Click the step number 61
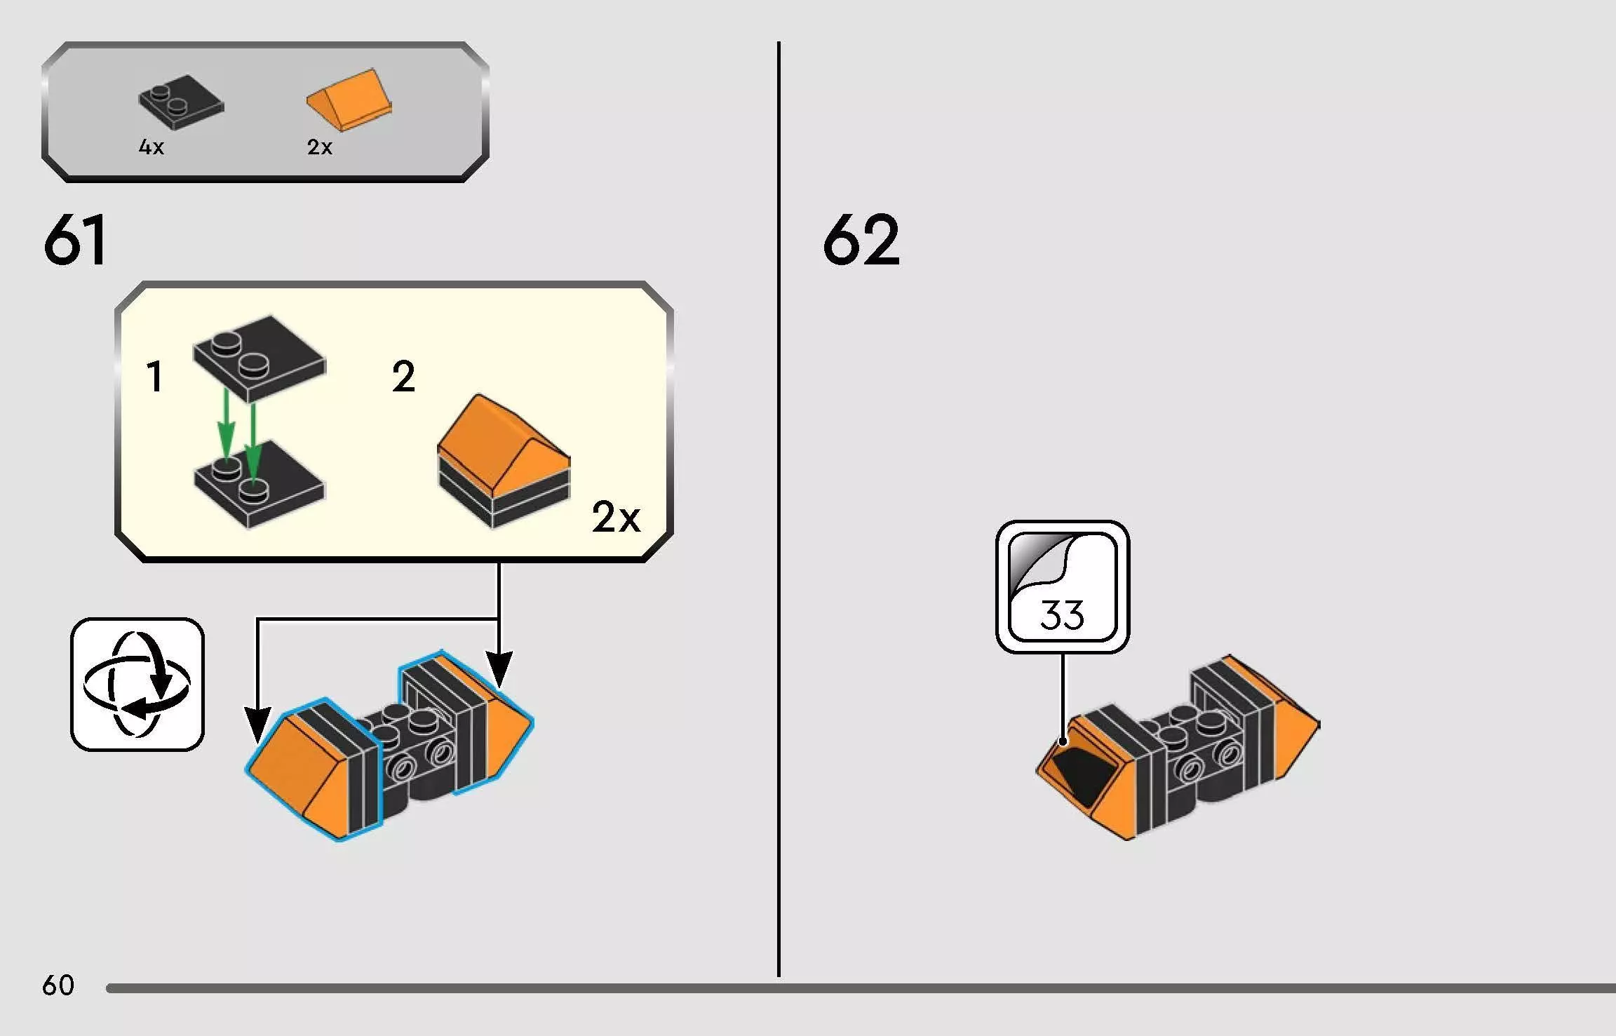click(x=74, y=240)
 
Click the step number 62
click(x=861, y=240)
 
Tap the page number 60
click(x=58, y=985)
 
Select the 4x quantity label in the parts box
click(x=151, y=147)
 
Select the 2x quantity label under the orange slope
click(x=319, y=147)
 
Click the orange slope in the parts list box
click(x=349, y=100)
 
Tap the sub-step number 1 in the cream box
click(x=155, y=377)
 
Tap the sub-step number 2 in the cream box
click(x=403, y=377)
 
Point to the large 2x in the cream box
click(x=616, y=518)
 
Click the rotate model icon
click(x=137, y=685)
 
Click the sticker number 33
click(x=1062, y=614)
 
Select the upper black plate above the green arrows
click(x=260, y=358)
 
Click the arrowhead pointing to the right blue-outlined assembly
click(x=499, y=669)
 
